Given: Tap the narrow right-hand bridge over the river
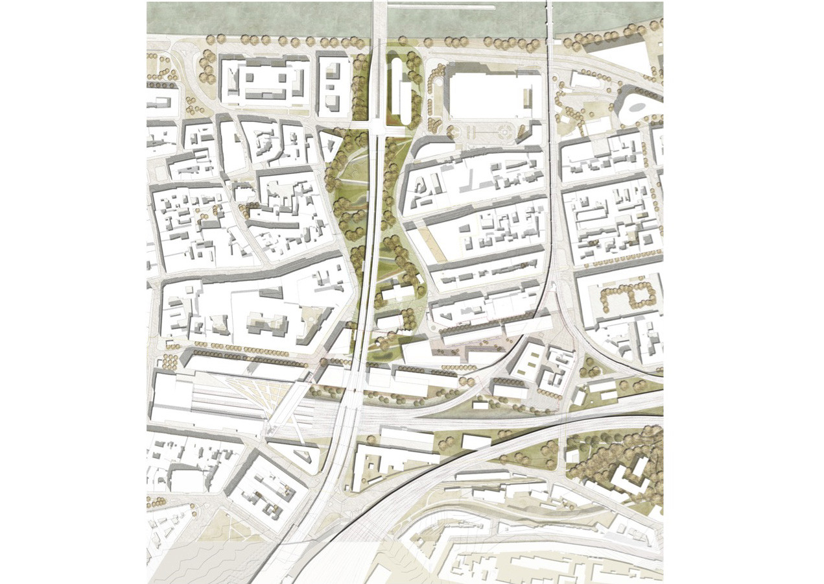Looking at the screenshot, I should pyautogui.click(x=550, y=19).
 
